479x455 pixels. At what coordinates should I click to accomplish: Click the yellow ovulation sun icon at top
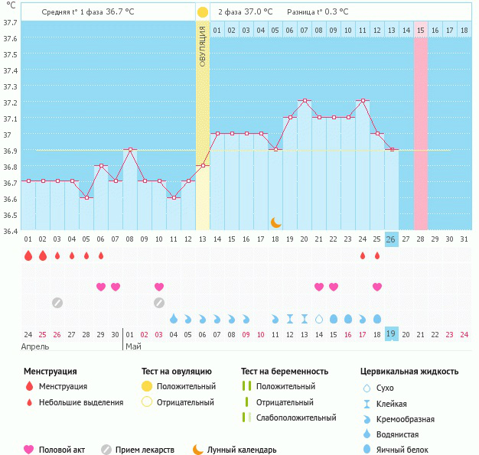tap(202, 12)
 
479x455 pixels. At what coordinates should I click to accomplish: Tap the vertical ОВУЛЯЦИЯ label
tap(202, 46)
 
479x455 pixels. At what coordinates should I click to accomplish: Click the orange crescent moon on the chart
tap(276, 223)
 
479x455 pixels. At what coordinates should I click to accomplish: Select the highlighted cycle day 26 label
tap(391, 239)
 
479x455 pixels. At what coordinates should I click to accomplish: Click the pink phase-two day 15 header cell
tap(421, 30)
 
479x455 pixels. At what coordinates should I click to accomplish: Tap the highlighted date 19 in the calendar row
tap(391, 333)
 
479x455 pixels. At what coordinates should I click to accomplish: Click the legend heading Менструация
tap(50, 372)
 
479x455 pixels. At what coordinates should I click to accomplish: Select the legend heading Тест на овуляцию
tap(177, 372)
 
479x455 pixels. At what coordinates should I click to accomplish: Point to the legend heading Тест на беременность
tap(285, 372)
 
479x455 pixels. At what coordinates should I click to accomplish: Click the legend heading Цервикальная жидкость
tap(409, 372)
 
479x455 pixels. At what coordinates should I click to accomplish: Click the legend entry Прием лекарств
tap(145, 450)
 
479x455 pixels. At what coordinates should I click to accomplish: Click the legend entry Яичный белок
tap(406, 450)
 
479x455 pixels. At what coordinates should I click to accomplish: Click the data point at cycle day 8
tap(130, 149)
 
